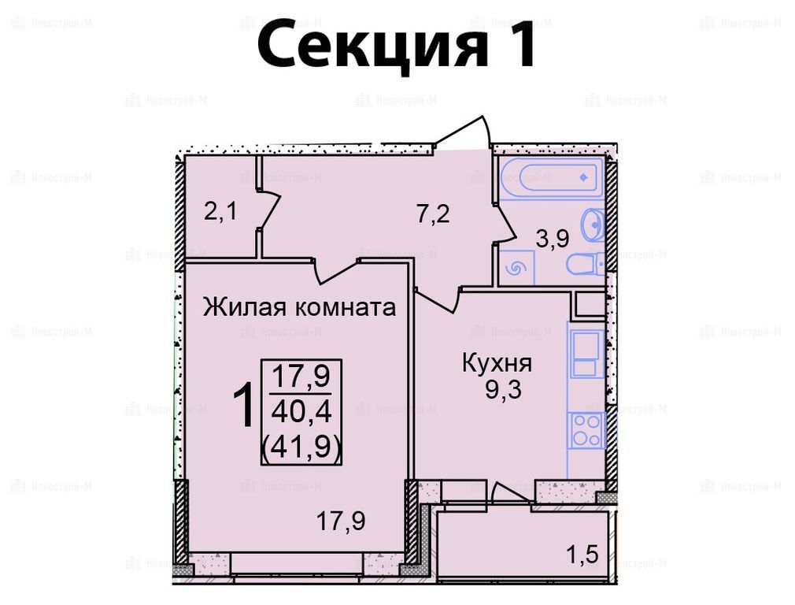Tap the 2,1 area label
coord(220,210)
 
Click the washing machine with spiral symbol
coord(516,267)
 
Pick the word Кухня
coord(497,363)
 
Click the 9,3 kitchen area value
coord(503,390)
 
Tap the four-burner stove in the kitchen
coord(587,430)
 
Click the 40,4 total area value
coord(301,412)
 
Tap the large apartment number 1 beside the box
coord(244,406)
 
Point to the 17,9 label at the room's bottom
coord(341,521)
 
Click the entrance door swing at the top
coord(464,133)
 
